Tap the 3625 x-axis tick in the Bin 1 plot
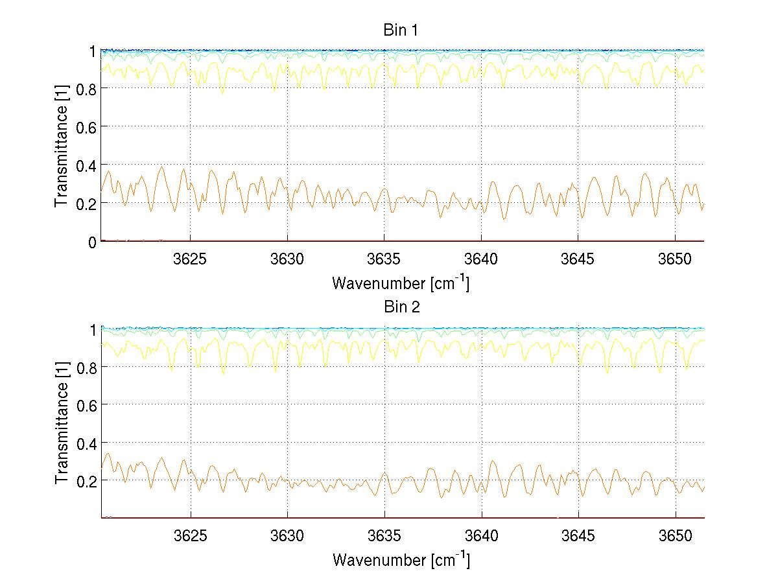(x=191, y=259)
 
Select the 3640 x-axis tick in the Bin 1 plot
(x=481, y=259)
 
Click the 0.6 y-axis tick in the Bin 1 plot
(x=86, y=126)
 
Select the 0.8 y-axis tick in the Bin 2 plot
(x=86, y=367)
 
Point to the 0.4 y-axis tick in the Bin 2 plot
(x=86, y=443)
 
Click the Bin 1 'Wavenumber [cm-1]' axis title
(x=401, y=283)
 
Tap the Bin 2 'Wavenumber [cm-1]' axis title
(x=401, y=559)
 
